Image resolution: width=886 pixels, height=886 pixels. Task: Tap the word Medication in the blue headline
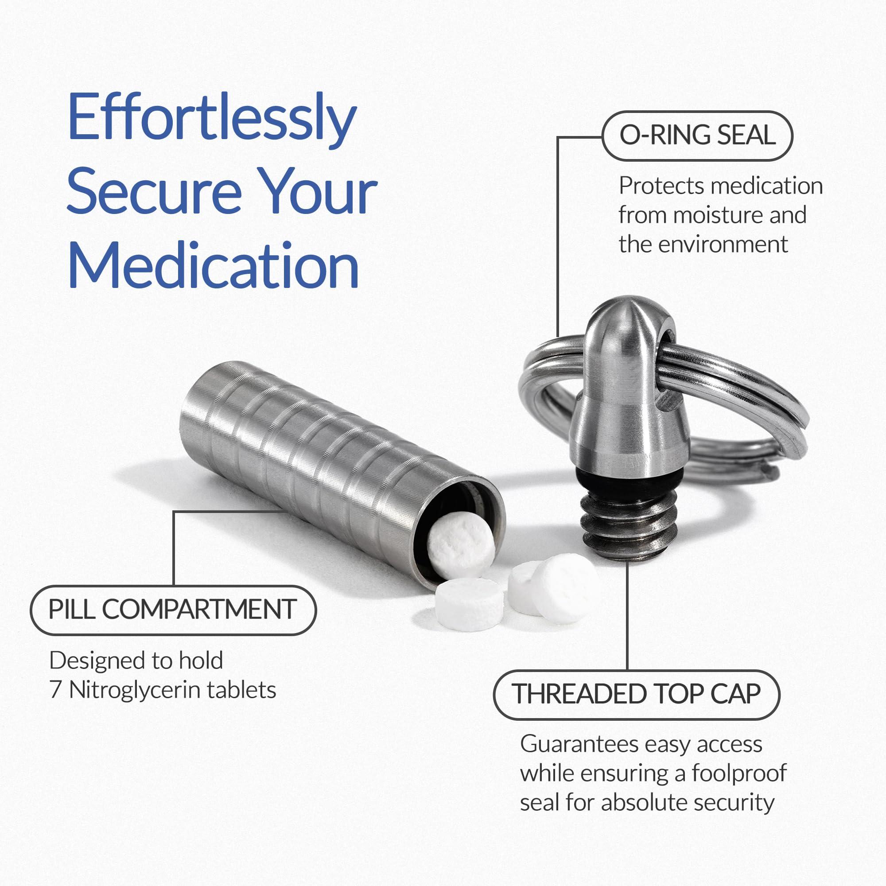click(x=213, y=266)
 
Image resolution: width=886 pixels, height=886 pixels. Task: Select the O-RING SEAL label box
click(x=697, y=136)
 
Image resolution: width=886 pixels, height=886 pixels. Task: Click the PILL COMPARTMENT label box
click(x=173, y=610)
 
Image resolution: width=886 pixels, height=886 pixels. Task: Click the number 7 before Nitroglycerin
click(x=55, y=690)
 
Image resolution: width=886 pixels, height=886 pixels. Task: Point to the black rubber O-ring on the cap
click(x=625, y=487)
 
